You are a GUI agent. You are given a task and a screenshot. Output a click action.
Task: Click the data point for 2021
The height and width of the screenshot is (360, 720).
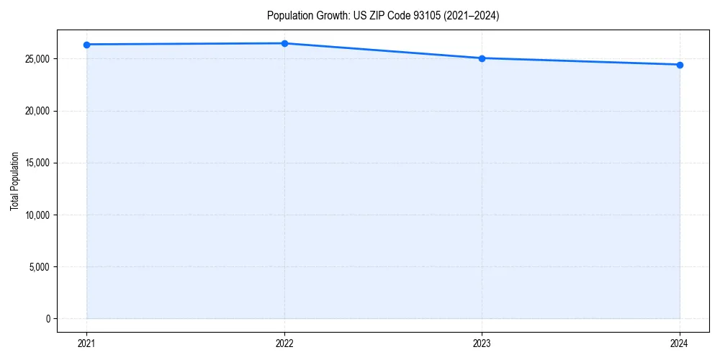[x=86, y=45]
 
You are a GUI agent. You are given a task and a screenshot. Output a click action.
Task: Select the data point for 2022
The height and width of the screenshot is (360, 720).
[x=284, y=43]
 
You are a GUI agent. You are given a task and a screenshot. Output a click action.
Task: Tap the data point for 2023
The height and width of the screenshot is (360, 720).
[x=482, y=58]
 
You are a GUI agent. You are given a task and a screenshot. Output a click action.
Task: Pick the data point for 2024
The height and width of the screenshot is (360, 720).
[x=680, y=65]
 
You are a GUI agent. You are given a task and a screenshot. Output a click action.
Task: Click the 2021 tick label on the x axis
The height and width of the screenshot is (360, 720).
[x=86, y=343]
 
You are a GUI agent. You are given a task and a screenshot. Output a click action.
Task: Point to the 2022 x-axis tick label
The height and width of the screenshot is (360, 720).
[x=284, y=343]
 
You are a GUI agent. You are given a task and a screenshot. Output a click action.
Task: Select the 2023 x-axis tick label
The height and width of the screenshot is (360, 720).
[x=482, y=343]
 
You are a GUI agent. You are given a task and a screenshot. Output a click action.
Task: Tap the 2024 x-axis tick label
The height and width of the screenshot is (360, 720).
[x=680, y=343]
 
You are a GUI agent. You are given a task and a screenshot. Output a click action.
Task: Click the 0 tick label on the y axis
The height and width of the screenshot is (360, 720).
[x=48, y=319]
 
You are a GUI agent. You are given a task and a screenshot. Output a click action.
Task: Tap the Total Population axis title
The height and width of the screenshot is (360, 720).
[x=14, y=181]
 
